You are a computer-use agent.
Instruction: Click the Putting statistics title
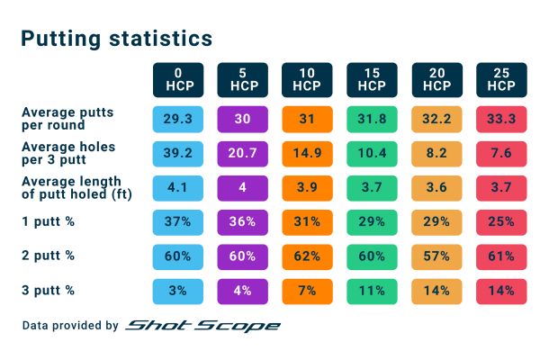click(x=116, y=39)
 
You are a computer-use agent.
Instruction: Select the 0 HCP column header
click(x=177, y=79)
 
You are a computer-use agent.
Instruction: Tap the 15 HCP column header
click(x=372, y=79)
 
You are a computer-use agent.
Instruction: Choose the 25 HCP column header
click(x=501, y=79)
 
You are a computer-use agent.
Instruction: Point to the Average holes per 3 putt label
click(x=68, y=153)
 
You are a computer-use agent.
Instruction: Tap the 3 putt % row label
click(x=48, y=290)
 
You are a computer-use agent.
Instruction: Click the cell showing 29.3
click(x=177, y=119)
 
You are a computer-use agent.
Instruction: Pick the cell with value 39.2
click(x=177, y=153)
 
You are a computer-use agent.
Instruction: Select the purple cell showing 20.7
click(x=242, y=153)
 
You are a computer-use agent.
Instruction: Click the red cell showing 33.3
click(x=501, y=119)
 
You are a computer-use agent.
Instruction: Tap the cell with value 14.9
click(x=307, y=153)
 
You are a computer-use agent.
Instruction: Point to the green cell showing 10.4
click(x=372, y=153)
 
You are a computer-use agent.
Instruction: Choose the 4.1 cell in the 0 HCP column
click(x=177, y=187)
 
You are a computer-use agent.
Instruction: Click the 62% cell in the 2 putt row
click(x=307, y=256)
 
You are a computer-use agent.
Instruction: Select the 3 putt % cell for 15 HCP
click(x=372, y=290)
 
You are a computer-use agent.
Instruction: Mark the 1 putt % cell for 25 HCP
click(x=501, y=221)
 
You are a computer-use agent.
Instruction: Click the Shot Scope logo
click(x=202, y=325)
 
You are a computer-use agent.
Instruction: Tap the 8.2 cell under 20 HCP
click(x=436, y=153)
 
